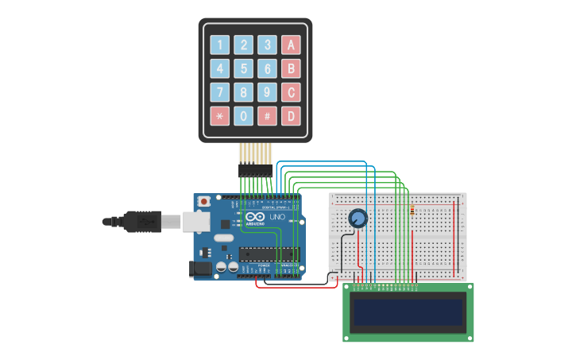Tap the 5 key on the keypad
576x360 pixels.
pyautogui.click(x=244, y=68)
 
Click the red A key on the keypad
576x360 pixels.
pyautogui.click(x=292, y=45)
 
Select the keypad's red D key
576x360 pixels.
pyautogui.click(x=292, y=116)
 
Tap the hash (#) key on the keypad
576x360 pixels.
pyautogui.click(x=268, y=116)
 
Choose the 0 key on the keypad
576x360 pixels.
pyautogui.click(x=244, y=116)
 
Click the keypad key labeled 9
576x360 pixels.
pyautogui.click(x=268, y=92)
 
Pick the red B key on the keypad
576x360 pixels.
pyautogui.click(x=292, y=68)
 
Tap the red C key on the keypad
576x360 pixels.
pyautogui.click(x=292, y=92)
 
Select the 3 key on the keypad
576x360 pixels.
pyautogui.click(x=268, y=45)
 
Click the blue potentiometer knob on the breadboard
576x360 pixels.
pyautogui.click(x=358, y=219)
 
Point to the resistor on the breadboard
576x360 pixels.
pyautogui.click(x=413, y=211)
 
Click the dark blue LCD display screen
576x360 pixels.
pyautogui.click(x=408, y=312)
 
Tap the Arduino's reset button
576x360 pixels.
pyautogui.click(x=204, y=202)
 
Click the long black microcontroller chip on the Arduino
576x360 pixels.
pyautogui.click(x=269, y=254)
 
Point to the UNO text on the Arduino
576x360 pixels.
pyautogui.click(x=277, y=217)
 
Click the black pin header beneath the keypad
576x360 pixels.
pyautogui.click(x=255, y=169)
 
